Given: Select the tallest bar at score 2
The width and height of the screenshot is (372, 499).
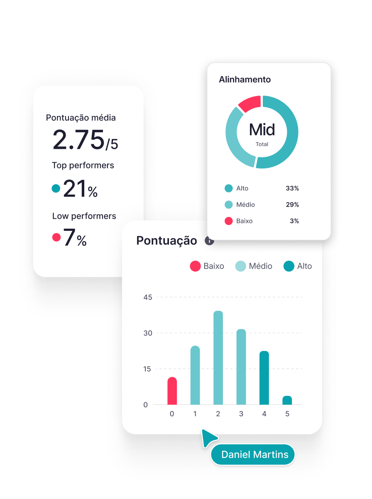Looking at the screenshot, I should click(x=218, y=358).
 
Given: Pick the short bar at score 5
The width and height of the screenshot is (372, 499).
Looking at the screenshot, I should click(x=287, y=400).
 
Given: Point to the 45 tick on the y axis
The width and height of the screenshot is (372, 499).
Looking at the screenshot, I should click(x=148, y=297).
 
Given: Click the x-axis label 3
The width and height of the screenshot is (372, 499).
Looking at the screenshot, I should click(x=241, y=414).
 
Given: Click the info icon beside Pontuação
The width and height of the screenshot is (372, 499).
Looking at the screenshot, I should click(x=210, y=241).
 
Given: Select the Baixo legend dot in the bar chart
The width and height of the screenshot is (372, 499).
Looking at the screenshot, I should click(x=195, y=266).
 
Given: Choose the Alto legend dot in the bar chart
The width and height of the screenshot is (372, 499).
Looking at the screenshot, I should click(x=289, y=266).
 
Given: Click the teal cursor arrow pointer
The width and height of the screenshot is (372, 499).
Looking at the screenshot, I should click(x=208, y=438).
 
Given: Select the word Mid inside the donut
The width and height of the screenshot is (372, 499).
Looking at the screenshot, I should click(x=262, y=130).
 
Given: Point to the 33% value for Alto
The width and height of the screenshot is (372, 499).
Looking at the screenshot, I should click(x=292, y=188).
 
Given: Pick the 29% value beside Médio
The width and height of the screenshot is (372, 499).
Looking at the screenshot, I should click(x=292, y=205).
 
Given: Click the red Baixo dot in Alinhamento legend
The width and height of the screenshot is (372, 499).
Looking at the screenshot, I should click(x=228, y=221).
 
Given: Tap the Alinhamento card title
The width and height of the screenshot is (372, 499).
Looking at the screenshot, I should click(x=245, y=79).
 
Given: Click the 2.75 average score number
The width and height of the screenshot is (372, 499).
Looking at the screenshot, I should click(x=78, y=140).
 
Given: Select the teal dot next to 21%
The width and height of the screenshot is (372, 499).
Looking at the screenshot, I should click(x=56, y=189).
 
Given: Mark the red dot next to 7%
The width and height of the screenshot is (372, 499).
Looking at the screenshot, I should click(x=56, y=237).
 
